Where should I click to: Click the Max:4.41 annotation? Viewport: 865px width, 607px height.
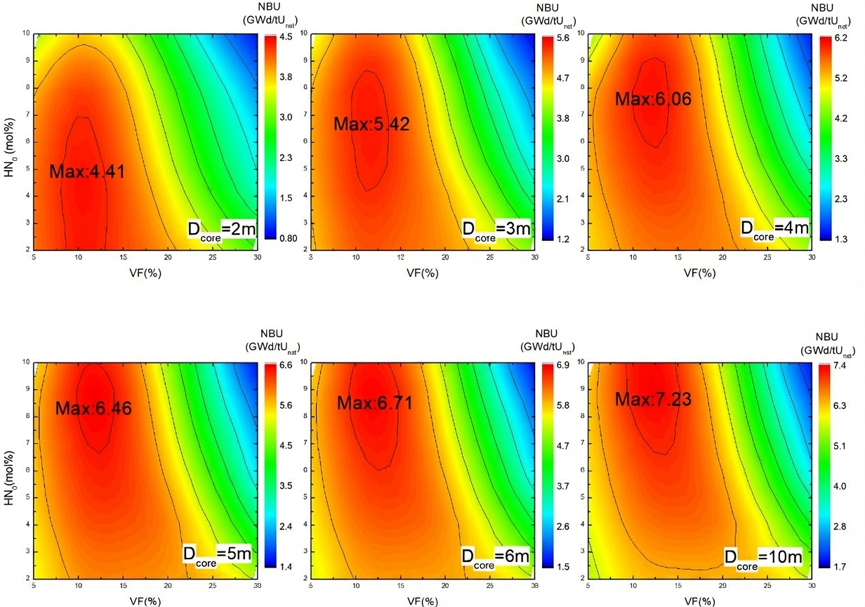[87, 171]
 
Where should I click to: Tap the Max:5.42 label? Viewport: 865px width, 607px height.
[371, 124]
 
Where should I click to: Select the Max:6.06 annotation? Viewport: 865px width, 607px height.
[653, 99]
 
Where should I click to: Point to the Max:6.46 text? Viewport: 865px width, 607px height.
[93, 407]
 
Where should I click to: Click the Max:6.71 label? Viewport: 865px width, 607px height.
[374, 403]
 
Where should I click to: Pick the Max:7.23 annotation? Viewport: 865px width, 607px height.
[653, 399]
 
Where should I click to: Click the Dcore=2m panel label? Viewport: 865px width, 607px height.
[220, 230]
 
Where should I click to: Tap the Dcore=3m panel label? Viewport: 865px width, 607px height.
[496, 230]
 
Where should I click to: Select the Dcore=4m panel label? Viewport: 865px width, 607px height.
[774, 229]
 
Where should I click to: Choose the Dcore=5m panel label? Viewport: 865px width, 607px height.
[217, 554]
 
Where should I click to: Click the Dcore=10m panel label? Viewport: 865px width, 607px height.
[762, 559]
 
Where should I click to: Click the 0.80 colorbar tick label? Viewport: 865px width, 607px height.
[286, 237]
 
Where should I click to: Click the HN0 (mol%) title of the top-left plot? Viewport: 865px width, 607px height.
[9, 141]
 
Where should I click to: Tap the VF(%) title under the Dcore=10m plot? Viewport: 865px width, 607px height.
[699, 601]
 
